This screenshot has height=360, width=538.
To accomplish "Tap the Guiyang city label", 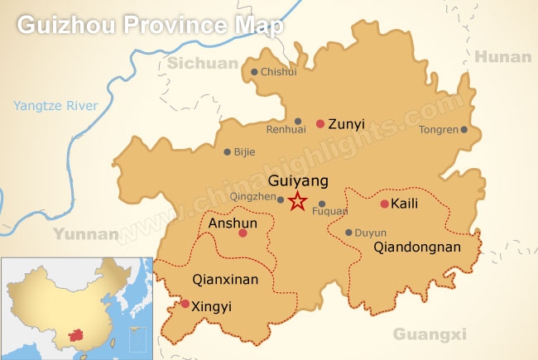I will point(299,180).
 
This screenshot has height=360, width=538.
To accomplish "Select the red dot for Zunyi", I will point(320,124).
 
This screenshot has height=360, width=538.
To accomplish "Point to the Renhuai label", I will point(286,129).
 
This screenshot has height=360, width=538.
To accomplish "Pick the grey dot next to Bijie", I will point(228,151).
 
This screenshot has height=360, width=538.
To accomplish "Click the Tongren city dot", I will point(464,129).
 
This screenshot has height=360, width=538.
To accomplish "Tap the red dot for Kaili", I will point(384,204).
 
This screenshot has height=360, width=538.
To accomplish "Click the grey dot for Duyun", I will point(348,233).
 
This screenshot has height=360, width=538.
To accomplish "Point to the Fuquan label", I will point(329,212).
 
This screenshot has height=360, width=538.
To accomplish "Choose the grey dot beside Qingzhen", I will point(281,199).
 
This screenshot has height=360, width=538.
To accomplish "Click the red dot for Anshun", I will point(243,233).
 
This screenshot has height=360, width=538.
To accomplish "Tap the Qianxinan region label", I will point(224,280).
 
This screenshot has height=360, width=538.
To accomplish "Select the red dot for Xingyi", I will point(185,304).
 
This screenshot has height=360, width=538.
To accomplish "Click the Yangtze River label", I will point(56,105).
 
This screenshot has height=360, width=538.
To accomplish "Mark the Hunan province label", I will point(503,56).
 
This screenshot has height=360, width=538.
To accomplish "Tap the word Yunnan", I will point(87,234).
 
